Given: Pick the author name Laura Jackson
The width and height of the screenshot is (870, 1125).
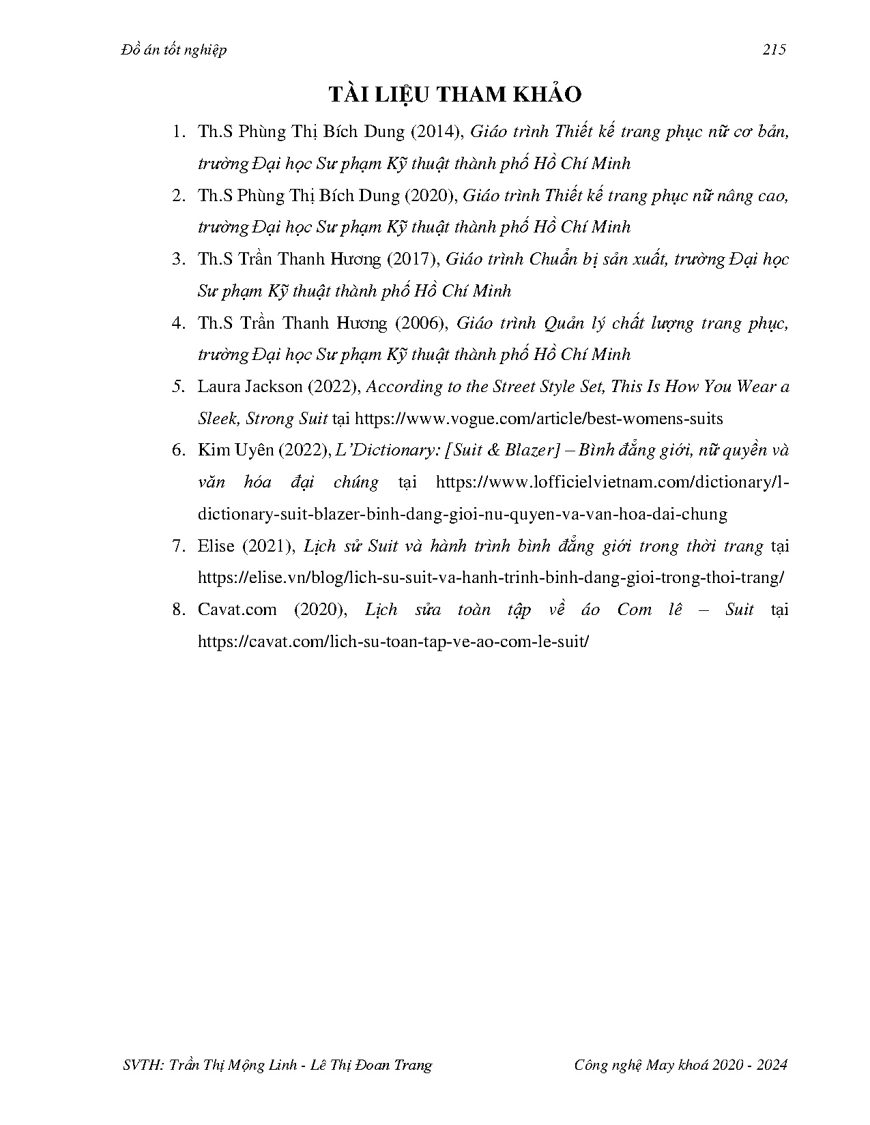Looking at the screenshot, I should click(250, 387).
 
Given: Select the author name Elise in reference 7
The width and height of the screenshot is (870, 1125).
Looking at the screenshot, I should click(216, 546).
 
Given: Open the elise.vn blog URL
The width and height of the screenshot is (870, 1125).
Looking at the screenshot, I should click(491, 577).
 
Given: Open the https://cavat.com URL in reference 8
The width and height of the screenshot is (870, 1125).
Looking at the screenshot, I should click(392, 642).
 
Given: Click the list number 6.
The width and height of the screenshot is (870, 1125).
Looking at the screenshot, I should click(179, 450).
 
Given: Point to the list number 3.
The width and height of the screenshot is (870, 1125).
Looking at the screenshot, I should click(179, 259).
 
